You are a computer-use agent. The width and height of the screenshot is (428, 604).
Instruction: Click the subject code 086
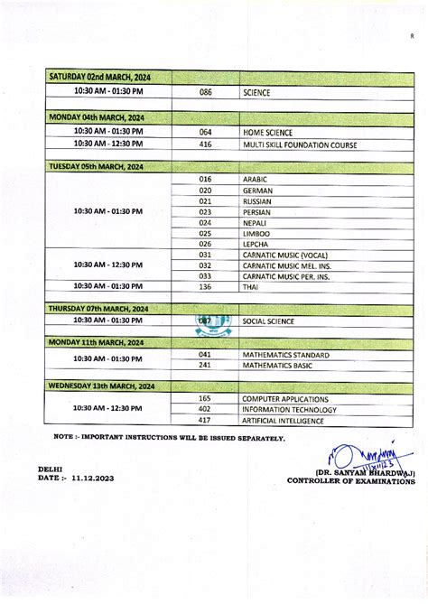pos(205,92)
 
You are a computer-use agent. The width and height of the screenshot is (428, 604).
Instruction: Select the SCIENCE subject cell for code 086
pos(256,92)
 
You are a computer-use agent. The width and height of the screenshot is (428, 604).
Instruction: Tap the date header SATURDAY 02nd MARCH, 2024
pos(99,78)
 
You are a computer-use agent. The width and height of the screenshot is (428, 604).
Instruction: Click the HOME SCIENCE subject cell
pos(267,132)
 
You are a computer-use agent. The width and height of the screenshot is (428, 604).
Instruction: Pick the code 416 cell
pos(205,144)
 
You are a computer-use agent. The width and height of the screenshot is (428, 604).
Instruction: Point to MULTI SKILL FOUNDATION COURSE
pos(299,144)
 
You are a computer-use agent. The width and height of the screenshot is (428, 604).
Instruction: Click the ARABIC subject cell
pos(256,179)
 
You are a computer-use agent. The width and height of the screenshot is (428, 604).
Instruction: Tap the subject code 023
pos(205,211)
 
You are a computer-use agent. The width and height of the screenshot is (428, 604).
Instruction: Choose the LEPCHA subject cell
pos(256,244)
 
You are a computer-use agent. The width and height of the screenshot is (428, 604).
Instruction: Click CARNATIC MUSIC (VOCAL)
pos(284,255)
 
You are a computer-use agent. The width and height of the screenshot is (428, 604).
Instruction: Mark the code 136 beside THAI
pos(205,286)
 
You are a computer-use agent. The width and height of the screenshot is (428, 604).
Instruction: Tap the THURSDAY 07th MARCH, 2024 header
pos(98,308)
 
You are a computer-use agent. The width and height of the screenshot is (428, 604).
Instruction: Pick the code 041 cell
pos(205,354)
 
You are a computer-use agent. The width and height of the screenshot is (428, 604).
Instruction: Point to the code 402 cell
pos(205,409)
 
